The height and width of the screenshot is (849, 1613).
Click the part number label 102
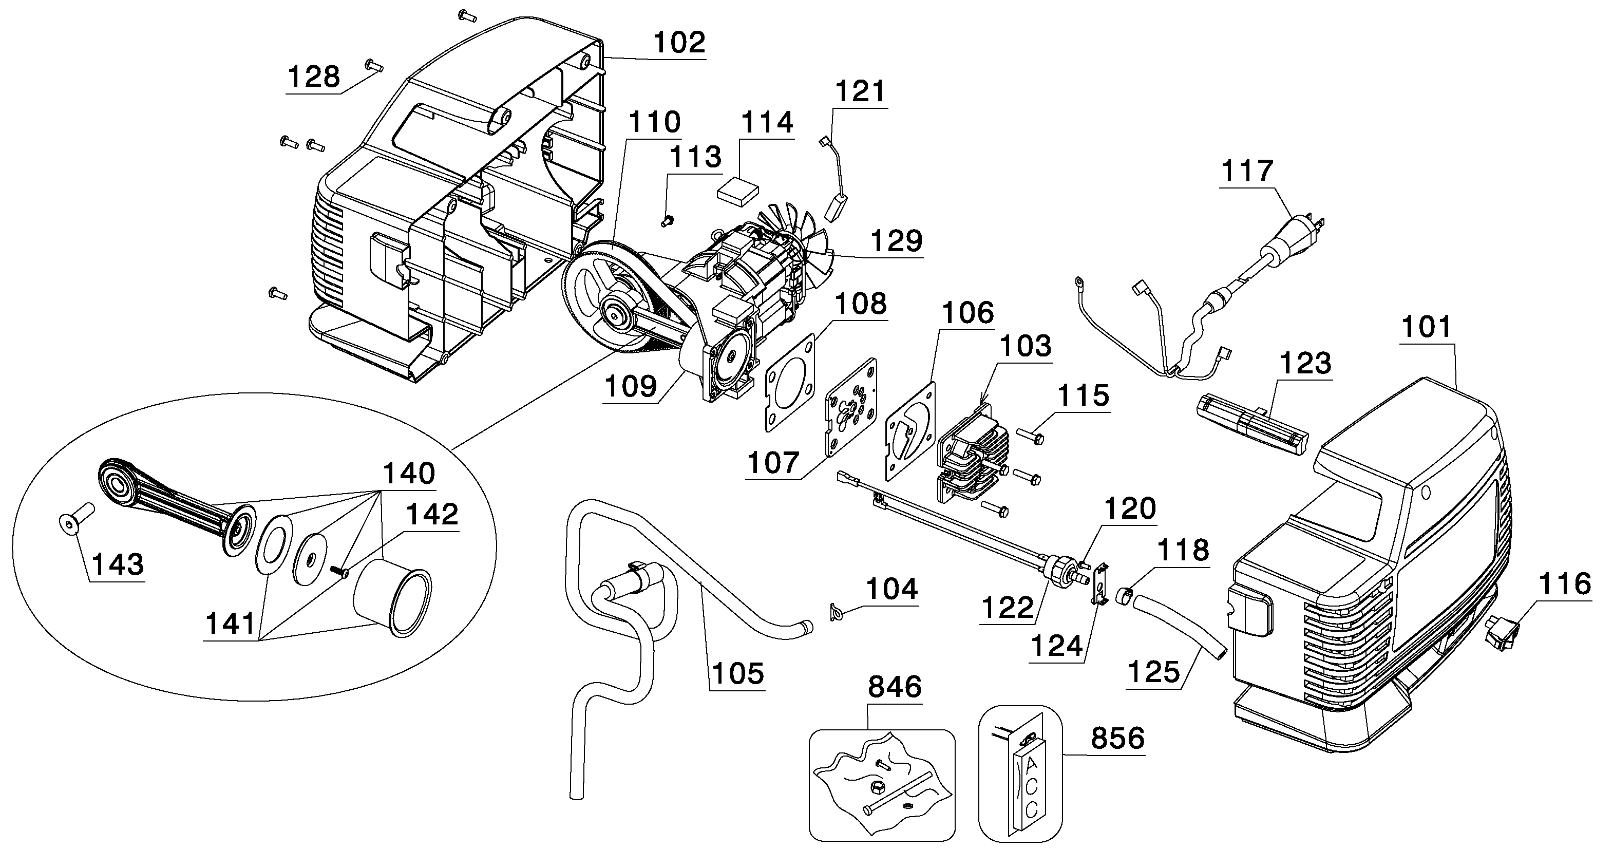point(679,43)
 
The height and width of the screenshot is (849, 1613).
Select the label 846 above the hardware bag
point(895,687)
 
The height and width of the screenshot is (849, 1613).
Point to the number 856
point(1118,738)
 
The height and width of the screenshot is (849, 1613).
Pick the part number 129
point(897,241)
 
